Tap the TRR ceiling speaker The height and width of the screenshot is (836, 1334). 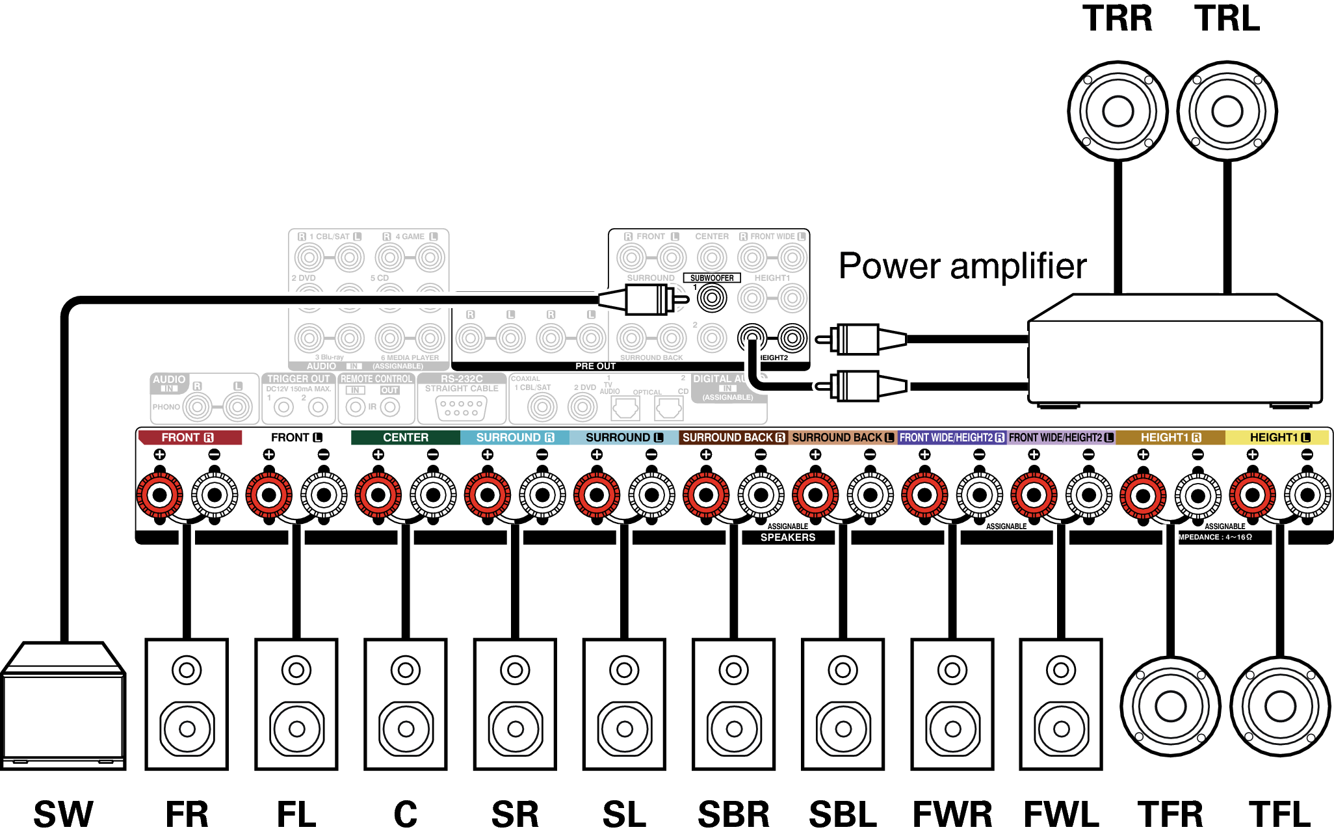coord(1118,111)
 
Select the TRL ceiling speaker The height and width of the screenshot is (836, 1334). coord(1227,111)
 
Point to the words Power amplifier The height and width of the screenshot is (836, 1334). coord(962,266)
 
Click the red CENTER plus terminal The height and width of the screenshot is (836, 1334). coord(378,495)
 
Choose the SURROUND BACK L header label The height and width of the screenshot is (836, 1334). coord(843,438)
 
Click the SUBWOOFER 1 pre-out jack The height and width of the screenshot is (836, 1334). coord(712,298)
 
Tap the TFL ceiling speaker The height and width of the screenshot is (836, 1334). coord(1280,707)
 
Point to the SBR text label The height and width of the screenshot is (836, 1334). coord(733,815)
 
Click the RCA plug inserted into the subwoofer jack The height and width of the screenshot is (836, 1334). coord(644,300)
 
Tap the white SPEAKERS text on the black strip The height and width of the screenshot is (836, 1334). coord(787,538)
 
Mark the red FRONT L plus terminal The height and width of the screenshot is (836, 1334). coord(268,495)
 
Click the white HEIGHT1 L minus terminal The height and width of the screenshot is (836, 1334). coord(1307,495)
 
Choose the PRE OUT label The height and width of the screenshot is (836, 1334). coord(595,367)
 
